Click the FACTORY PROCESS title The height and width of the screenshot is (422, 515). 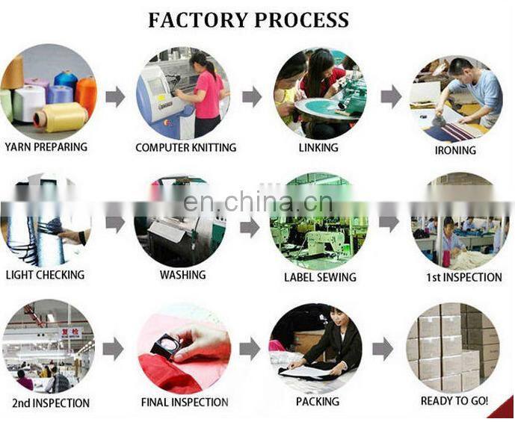[248, 20]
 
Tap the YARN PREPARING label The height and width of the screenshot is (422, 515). [46, 146]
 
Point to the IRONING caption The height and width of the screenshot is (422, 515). [455, 150]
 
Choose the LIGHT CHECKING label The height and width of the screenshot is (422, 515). [46, 275]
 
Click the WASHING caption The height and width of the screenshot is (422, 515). [182, 275]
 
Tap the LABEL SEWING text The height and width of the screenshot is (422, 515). [320, 277]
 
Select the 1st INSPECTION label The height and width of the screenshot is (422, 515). [464, 277]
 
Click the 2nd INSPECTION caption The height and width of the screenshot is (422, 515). [51, 403]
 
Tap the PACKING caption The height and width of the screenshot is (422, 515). [317, 403]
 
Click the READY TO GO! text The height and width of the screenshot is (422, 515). [454, 401]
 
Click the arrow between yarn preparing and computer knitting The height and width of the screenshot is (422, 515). [115, 96]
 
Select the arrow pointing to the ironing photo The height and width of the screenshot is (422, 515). [390, 96]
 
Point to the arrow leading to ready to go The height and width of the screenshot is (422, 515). [383, 348]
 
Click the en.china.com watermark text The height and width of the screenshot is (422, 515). [257, 203]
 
